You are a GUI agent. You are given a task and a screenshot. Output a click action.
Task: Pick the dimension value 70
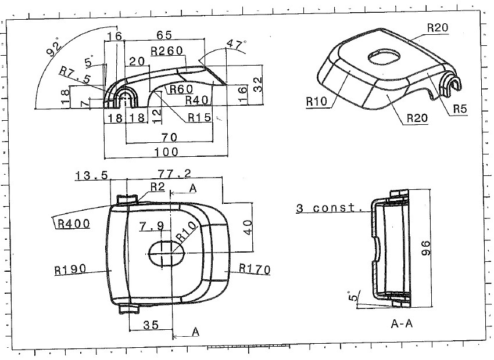[x=169, y=137]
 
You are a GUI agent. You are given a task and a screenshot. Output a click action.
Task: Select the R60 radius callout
[x=181, y=89]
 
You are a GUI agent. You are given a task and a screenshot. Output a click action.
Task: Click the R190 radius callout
[x=70, y=269]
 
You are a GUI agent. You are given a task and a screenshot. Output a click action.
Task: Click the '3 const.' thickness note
[x=329, y=208]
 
